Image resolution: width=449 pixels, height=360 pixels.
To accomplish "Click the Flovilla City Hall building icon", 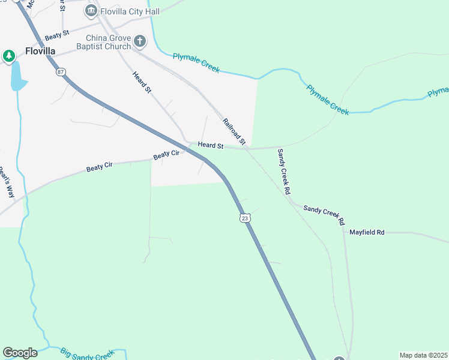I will pyautogui.click(x=91, y=10).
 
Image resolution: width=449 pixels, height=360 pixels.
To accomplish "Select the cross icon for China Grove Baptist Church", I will pyautogui.click(x=140, y=41).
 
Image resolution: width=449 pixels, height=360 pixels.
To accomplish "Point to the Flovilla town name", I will pyautogui.click(x=40, y=51).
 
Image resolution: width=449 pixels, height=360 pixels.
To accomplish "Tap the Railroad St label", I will pyautogui.click(x=234, y=131).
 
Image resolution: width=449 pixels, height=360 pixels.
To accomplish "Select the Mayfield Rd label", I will pyautogui.click(x=367, y=232).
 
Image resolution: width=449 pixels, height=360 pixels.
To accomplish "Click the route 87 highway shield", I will pyautogui.click(x=61, y=72).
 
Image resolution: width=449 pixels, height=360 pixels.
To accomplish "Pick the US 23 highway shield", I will pyautogui.click(x=244, y=218).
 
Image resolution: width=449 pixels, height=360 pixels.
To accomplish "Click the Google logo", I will pyautogui.click(x=20, y=353).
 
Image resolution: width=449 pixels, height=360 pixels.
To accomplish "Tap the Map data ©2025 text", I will pyautogui.click(x=424, y=355).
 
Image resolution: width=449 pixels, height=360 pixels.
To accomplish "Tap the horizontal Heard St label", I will pyautogui.click(x=211, y=145).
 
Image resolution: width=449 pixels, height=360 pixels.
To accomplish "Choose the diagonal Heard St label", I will pyautogui.click(x=142, y=82).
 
